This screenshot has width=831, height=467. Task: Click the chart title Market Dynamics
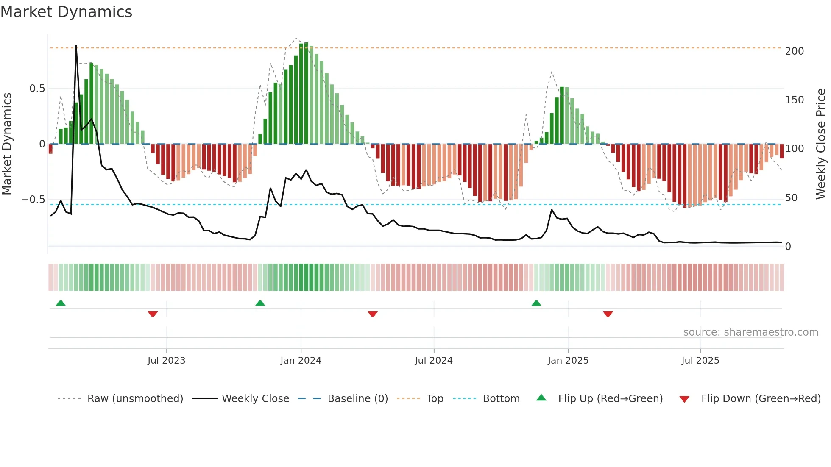point(67,12)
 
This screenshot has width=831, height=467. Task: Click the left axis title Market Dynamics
point(7,144)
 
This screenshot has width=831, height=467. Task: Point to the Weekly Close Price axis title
point(821,144)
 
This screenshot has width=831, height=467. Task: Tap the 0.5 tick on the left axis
point(37,89)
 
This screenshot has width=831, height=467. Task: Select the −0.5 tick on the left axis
point(33,200)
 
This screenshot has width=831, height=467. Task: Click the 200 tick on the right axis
point(794,51)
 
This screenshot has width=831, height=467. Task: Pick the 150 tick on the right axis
point(794,100)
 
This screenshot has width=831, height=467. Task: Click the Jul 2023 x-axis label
point(166,361)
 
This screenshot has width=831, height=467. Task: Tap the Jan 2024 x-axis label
point(301,361)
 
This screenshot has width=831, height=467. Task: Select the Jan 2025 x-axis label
point(568,361)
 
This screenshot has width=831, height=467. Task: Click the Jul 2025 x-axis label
point(700,361)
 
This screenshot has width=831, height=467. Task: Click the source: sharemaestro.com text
point(750,332)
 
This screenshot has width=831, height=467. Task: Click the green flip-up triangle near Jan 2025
point(536,303)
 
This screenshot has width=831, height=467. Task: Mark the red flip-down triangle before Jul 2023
point(153,314)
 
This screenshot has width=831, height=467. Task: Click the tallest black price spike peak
point(76,46)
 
